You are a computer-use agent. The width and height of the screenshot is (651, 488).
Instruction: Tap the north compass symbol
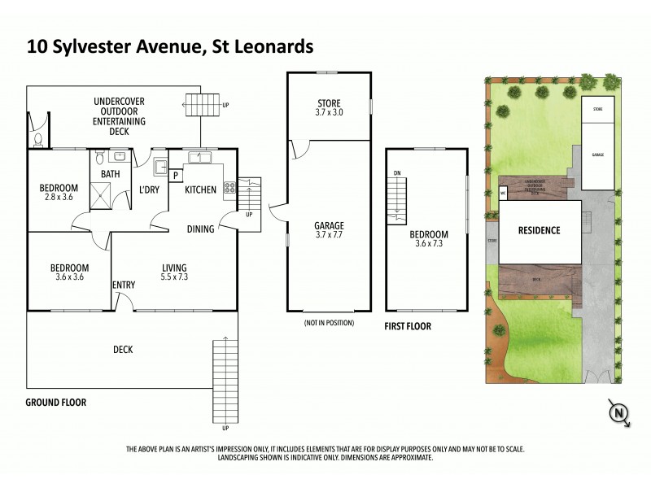(620, 414)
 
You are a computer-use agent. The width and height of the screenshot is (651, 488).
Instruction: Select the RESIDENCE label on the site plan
(540, 230)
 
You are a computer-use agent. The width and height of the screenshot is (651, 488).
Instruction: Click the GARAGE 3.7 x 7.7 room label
(330, 231)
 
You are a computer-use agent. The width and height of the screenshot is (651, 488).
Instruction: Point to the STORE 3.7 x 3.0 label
(330, 107)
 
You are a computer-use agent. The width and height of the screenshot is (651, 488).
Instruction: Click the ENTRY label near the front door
(125, 284)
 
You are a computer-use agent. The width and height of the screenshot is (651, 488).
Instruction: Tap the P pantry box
(174, 174)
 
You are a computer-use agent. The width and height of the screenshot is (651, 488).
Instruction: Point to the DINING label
(200, 229)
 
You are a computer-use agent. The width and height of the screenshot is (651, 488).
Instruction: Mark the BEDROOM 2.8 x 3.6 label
(59, 193)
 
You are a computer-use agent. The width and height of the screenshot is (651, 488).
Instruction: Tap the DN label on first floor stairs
(396, 173)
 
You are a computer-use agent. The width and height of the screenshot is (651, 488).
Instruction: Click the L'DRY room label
(148, 190)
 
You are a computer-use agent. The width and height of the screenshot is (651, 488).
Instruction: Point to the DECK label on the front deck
(123, 350)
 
